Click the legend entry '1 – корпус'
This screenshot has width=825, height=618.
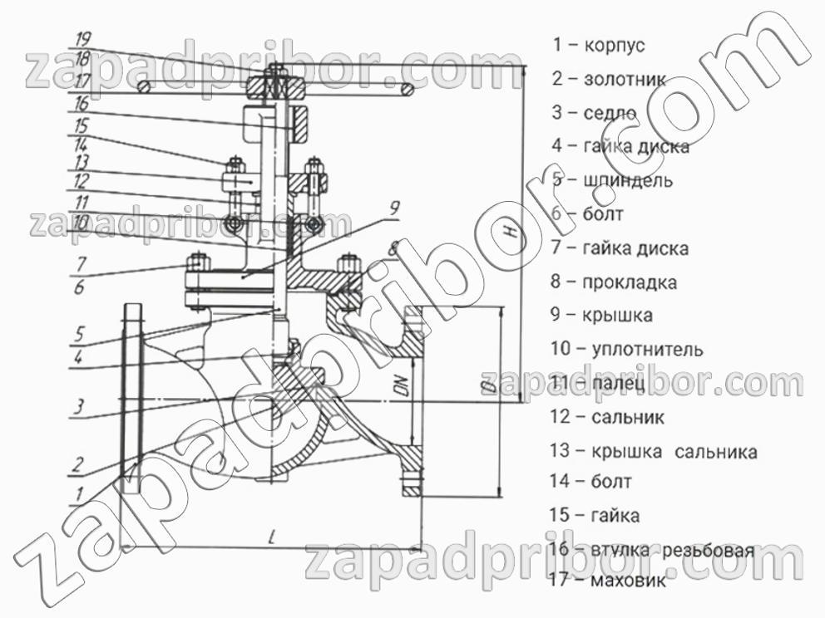[598, 46]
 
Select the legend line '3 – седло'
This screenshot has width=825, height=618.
[594, 113]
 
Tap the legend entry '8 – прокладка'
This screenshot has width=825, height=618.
[613, 282]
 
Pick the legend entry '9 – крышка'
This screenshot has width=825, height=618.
[600, 316]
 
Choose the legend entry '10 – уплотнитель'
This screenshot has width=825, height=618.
[626, 350]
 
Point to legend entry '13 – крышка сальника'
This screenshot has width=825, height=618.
[653, 453]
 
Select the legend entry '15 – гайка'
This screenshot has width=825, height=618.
[595, 516]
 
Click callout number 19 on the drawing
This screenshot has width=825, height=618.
[83, 39]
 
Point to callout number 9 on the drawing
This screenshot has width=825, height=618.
[393, 208]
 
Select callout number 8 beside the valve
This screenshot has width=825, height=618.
[393, 247]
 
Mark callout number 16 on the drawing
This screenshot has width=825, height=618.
[81, 105]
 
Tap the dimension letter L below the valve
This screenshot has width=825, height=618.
[272, 536]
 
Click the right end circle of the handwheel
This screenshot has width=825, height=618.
[408, 88]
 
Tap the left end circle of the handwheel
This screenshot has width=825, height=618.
[144, 86]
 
